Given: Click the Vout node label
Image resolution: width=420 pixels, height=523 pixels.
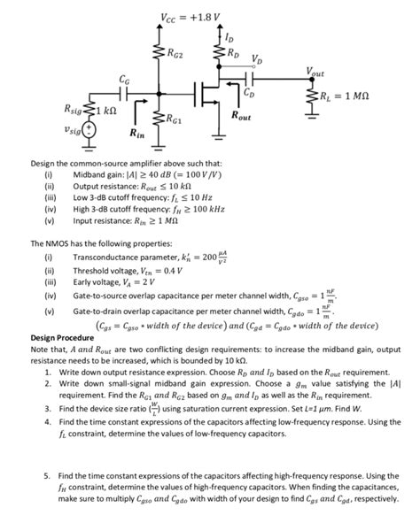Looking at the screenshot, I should point(315,71).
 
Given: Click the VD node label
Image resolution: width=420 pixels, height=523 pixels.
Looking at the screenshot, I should point(256,61).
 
